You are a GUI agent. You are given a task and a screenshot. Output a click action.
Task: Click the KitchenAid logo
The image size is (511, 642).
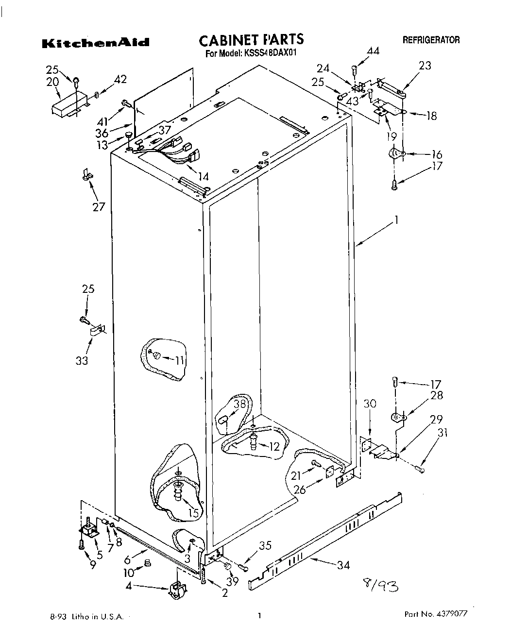point(95,43)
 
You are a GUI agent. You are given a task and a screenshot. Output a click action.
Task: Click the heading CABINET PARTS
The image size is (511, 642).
point(251,39)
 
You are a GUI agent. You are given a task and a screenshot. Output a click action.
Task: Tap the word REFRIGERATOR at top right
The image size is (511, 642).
point(431,40)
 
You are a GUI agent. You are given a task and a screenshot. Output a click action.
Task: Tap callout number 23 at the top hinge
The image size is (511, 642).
point(425,65)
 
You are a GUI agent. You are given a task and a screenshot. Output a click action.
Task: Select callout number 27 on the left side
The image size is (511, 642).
point(99,206)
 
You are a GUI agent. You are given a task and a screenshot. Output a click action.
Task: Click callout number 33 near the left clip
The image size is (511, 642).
point(82,361)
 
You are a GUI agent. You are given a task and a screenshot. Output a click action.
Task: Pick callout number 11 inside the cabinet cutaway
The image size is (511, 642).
point(180,360)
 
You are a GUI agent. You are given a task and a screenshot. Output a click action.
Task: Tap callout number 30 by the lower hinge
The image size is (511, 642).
point(370,403)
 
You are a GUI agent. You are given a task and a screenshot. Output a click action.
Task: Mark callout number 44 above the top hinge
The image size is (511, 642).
point(373,51)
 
